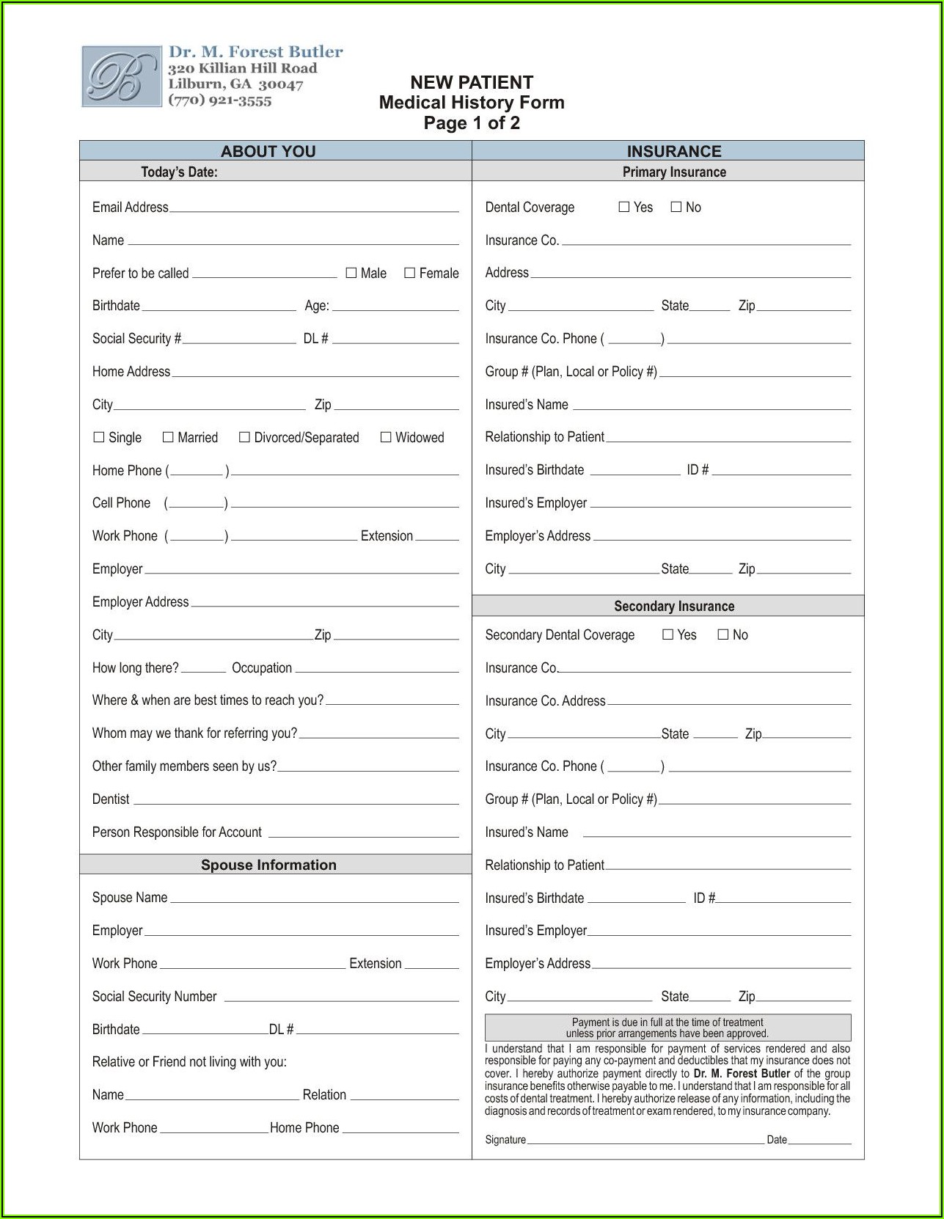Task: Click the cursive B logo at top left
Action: coord(121,76)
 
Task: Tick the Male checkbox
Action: coord(351,273)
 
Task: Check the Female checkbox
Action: coord(410,273)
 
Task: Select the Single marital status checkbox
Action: coord(99,437)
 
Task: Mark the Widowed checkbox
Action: coord(386,437)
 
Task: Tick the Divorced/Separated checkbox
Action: coord(245,437)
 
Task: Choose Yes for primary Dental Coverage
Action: coord(624,207)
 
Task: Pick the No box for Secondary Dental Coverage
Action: coord(723,634)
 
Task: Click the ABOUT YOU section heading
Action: coord(268,151)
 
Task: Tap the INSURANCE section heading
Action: coord(674,151)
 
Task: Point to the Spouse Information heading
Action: coord(268,865)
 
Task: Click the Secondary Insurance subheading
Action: coord(674,606)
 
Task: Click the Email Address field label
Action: coord(130,208)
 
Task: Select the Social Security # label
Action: coord(136,339)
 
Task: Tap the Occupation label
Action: coord(262,668)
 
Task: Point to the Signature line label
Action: coord(505,1140)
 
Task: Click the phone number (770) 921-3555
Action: coord(220,100)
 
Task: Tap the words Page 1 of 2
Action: coord(472,123)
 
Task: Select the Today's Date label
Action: coord(179,172)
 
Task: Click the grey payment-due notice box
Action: coord(667,1028)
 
